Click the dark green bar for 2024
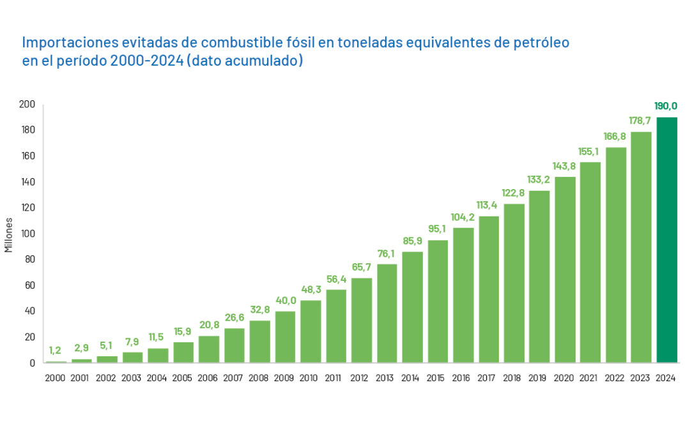666,240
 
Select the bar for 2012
362,321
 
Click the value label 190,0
666,106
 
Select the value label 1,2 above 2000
56,351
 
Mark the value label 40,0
286,300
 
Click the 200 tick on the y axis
29,104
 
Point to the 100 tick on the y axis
29,234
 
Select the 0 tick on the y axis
32,363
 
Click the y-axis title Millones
9,234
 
